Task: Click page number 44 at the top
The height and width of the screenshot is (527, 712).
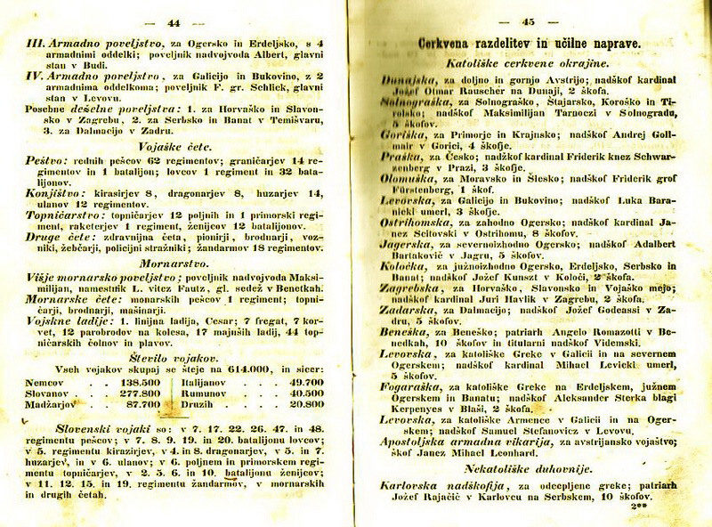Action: pos(174,22)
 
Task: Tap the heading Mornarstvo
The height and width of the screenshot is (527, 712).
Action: pos(174,263)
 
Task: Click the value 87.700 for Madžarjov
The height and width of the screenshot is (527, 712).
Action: pos(132,402)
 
